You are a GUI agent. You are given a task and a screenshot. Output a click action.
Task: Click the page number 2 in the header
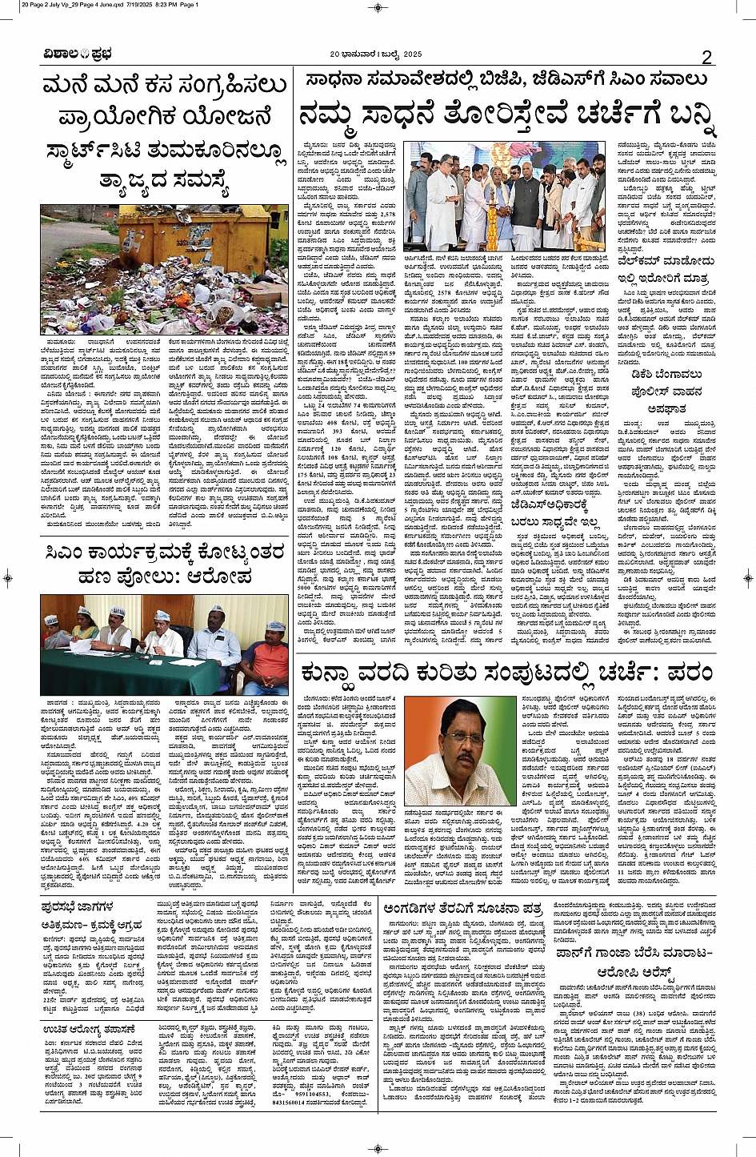[706, 57]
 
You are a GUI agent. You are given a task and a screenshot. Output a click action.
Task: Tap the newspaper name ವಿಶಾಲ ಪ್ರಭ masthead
[78, 55]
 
